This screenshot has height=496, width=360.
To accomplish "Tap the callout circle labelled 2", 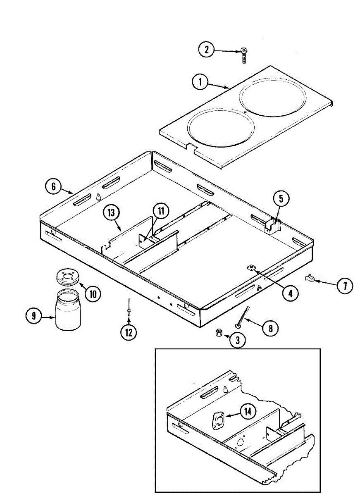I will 206,50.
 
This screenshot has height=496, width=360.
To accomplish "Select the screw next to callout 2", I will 244,55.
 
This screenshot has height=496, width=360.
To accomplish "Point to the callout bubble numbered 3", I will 238,340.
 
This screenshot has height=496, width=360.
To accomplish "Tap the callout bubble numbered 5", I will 281,199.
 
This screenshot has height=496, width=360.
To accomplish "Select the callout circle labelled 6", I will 53,186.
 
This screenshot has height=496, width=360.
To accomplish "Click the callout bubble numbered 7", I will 345,286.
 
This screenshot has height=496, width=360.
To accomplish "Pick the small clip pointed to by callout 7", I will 310,279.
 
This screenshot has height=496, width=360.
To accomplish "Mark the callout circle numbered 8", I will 270,329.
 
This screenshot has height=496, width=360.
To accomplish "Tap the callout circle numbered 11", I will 161,211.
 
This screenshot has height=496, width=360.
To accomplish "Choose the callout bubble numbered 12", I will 129,332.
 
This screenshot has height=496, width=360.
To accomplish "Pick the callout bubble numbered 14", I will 248,411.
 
